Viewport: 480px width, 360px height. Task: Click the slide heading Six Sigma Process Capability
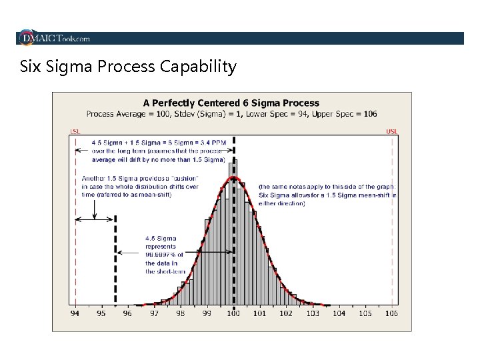click(128, 67)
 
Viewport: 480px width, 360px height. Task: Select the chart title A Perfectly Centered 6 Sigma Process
click(231, 103)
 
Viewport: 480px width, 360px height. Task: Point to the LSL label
click(75, 131)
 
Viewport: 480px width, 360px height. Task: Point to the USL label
click(391, 131)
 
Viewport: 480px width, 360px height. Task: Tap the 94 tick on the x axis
click(75, 313)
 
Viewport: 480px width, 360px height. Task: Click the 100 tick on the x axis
click(233, 313)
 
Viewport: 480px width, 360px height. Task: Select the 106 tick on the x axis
click(391, 313)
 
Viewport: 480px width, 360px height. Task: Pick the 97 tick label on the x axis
click(154, 313)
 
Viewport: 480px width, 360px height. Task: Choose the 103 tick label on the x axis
click(312, 313)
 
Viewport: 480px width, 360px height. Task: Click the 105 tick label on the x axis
click(365, 313)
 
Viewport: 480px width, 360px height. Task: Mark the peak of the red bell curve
click(233, 178)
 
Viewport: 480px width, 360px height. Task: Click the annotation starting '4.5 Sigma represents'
click(164, 255)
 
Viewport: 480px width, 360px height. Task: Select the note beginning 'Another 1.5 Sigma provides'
click(139, 187)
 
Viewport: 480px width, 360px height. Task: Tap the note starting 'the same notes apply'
click(327, 195)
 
